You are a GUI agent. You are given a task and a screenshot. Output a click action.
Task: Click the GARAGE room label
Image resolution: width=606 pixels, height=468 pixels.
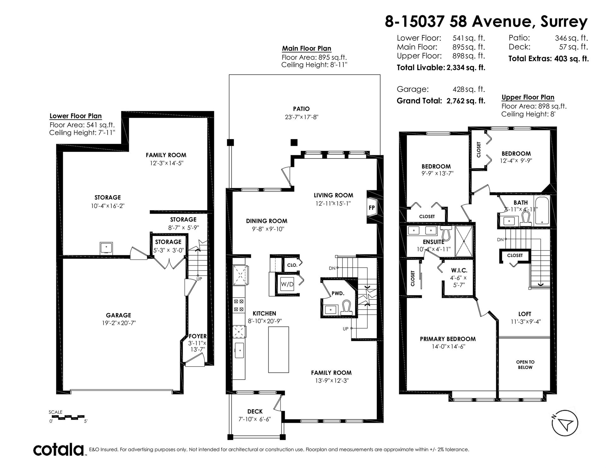(118, 315)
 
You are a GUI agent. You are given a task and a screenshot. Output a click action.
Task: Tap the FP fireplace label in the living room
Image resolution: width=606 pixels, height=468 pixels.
(372, 208)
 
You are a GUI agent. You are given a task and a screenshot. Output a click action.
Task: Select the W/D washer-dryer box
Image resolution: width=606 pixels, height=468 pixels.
(287, 284)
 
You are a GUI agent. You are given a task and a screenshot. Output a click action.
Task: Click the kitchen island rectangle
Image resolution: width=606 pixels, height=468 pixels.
(278, 350)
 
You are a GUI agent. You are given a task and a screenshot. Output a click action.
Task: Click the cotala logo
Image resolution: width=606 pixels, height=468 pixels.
(59, 449)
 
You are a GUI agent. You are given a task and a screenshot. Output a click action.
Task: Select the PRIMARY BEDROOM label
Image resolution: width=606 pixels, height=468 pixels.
(448, 339)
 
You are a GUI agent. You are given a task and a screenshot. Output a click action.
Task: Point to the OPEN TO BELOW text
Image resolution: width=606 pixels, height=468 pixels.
(525, 364)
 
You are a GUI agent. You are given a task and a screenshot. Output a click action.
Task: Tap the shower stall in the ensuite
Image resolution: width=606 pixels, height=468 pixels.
(464, 241)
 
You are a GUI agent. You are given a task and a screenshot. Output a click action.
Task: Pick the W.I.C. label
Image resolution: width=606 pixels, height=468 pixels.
(459, 270)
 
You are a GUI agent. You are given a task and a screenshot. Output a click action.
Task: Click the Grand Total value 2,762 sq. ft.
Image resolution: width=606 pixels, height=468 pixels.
(466, 101)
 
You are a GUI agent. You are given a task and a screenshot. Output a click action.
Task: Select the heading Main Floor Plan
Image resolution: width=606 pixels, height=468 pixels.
(306, 49)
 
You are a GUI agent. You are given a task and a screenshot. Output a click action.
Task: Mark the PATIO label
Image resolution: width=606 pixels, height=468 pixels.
(301, 109)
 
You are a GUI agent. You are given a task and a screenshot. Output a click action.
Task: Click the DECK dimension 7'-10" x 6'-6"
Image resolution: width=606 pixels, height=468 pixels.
(255, 419)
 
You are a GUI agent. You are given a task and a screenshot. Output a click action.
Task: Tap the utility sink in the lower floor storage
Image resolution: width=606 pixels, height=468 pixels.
(106, 248)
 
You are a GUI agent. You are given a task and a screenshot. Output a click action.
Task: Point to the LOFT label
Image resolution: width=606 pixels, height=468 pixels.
(525, 314)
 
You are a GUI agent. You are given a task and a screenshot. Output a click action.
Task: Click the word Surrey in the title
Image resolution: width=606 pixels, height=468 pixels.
(564, 22)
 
